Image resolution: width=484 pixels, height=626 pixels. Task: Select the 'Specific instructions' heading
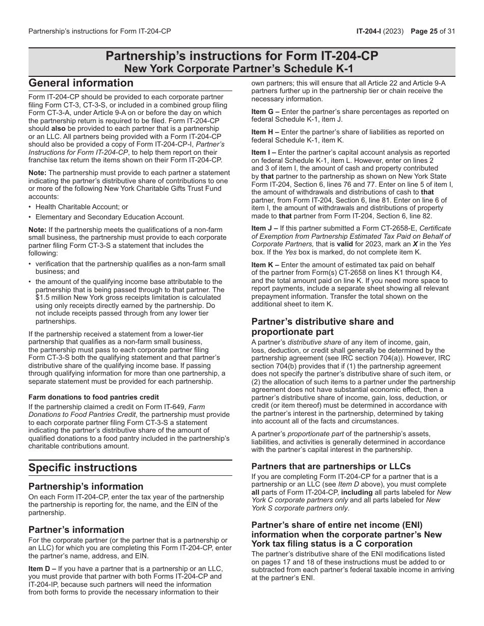coord(83,468)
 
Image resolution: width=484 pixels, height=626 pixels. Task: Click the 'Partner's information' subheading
coord(76,529)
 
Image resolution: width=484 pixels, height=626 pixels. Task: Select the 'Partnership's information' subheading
coord(86,486)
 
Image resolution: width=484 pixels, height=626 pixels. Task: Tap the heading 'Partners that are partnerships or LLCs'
coord(331,466)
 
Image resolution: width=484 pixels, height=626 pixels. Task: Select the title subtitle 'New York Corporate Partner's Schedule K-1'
coord(242,69)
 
